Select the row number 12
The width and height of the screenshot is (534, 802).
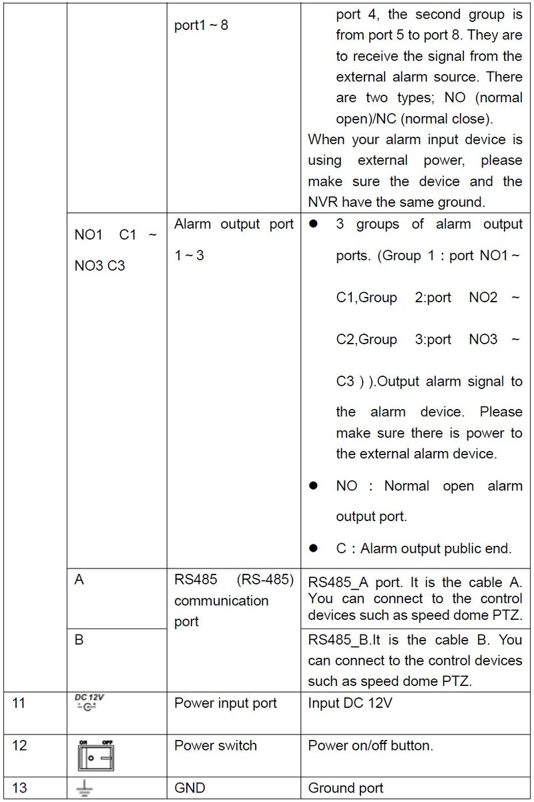(19, 745)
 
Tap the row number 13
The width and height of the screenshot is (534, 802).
(19, 788)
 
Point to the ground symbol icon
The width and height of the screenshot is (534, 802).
(85, 789)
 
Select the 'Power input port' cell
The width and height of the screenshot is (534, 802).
(225, 703)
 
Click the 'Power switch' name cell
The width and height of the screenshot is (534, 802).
(215, 745)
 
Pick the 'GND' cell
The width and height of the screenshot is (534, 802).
(190, 788)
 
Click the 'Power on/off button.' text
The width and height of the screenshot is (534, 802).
(370, 745)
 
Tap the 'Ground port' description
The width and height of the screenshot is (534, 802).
(346, 788)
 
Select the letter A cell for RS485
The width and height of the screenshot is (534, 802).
(79, 580)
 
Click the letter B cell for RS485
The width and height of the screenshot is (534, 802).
(79, 640)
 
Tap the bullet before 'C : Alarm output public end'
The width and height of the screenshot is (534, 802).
(312, 548)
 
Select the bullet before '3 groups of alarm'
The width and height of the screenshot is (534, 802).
(312, 224)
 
